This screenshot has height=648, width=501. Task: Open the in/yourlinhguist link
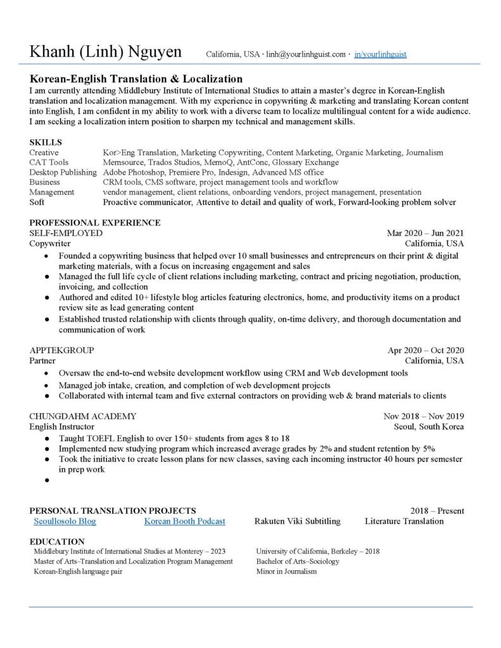click(380, 54)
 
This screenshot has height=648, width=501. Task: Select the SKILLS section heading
click(46, 142)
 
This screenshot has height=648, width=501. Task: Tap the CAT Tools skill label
click(49, 163)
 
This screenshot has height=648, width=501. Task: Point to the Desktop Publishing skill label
click(63, 172)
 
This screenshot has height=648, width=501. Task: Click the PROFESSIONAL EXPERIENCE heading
click(94, 223)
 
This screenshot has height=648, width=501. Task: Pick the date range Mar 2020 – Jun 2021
click(425, 233)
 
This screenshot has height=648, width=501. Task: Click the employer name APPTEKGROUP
click(61, 350)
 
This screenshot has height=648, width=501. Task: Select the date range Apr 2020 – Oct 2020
click(426, 350)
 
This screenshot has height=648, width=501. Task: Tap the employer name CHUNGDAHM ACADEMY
click(82, 416)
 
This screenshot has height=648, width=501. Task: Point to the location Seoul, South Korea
click(429, 427)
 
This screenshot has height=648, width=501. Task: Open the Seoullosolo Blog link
click(65, 521)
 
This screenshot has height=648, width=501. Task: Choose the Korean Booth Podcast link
click(184, 521)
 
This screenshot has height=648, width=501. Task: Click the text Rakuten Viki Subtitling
click(297, 521)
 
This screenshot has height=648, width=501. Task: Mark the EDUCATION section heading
click(57, 542)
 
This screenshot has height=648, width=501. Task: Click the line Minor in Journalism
click(286, 571)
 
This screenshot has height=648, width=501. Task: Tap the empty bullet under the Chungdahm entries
click(47, 481)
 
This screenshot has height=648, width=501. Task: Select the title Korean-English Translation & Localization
click(136, 79)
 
